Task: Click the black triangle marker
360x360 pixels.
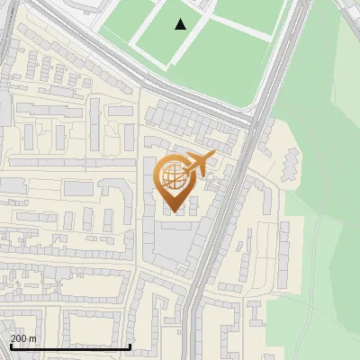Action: [x=181, y=24]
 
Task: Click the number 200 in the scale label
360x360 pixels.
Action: [x=19, y=338]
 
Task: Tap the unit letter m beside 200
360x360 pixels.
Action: [x=33, y=338]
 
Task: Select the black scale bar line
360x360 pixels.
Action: [x=70, y=346]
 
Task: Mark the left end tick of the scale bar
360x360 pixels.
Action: [x=10, y=345]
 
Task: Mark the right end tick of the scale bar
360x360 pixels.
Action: [x=130, y=345]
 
